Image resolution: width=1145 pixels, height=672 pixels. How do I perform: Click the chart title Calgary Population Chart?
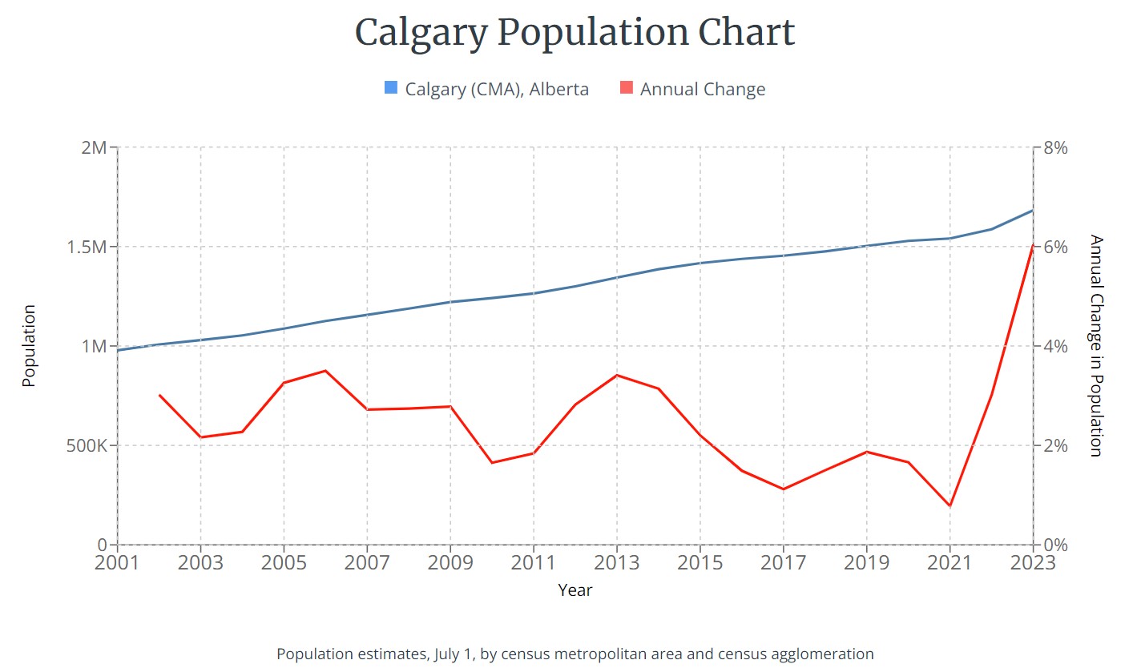point(574,33)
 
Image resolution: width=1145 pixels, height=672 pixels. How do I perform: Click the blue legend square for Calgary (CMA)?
point(391,88)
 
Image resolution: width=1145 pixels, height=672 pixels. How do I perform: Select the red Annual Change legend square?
point(626,88)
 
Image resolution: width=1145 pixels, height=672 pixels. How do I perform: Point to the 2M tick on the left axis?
point(94,148)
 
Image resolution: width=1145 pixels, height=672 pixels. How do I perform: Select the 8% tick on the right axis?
point(1054,148)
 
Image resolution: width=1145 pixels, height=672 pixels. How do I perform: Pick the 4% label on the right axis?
point(1054,347)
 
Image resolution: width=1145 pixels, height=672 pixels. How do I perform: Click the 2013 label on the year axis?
point(616,562)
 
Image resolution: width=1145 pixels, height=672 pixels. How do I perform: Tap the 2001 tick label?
point(117,562)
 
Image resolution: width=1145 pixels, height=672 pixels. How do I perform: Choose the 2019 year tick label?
point(866,562)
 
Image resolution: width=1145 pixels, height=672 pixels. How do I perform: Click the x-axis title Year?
point(575,591)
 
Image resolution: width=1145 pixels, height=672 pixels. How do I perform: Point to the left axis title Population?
point(30,346)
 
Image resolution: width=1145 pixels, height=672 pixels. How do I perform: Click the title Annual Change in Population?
point(1096,346)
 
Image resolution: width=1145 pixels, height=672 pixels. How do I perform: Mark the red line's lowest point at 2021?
point(949,505)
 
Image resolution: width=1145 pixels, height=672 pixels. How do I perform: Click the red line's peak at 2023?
point(1032,245)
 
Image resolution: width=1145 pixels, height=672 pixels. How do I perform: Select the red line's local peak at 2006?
point(325,371)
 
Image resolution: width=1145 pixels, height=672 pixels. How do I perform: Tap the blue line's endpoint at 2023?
point(1032,211)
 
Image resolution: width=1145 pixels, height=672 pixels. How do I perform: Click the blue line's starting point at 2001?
point(118,350)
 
